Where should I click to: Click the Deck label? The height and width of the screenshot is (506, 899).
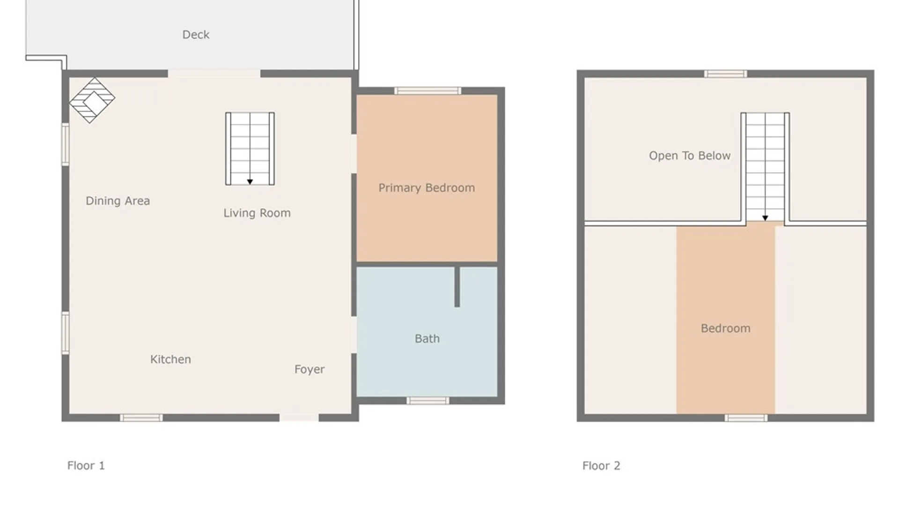196,35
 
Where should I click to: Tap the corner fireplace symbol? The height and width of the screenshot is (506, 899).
92,100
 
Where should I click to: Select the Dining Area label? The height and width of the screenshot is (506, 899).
118,201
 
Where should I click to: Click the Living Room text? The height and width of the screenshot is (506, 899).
257,213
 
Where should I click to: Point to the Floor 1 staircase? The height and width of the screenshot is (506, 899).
250,149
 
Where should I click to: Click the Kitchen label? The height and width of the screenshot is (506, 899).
170,359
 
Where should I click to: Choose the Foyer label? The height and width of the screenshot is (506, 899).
309,369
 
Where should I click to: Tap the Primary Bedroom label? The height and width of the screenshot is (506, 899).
427,188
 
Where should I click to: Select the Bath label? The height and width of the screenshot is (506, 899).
427,339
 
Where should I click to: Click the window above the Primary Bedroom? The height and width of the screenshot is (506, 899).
427,91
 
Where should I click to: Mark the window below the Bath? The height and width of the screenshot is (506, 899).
428,401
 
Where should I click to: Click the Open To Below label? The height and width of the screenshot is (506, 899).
690,156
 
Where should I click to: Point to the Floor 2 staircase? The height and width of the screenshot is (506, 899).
765,167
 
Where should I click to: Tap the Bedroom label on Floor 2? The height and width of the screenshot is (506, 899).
726,328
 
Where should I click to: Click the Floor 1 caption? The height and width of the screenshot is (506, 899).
86,466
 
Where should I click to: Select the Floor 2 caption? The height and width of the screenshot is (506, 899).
601,466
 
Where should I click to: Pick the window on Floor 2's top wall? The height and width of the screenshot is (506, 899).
726,74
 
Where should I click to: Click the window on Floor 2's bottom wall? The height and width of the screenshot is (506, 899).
746,418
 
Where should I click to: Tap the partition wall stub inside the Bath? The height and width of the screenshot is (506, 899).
457,287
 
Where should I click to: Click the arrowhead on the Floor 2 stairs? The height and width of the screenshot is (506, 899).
765,218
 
